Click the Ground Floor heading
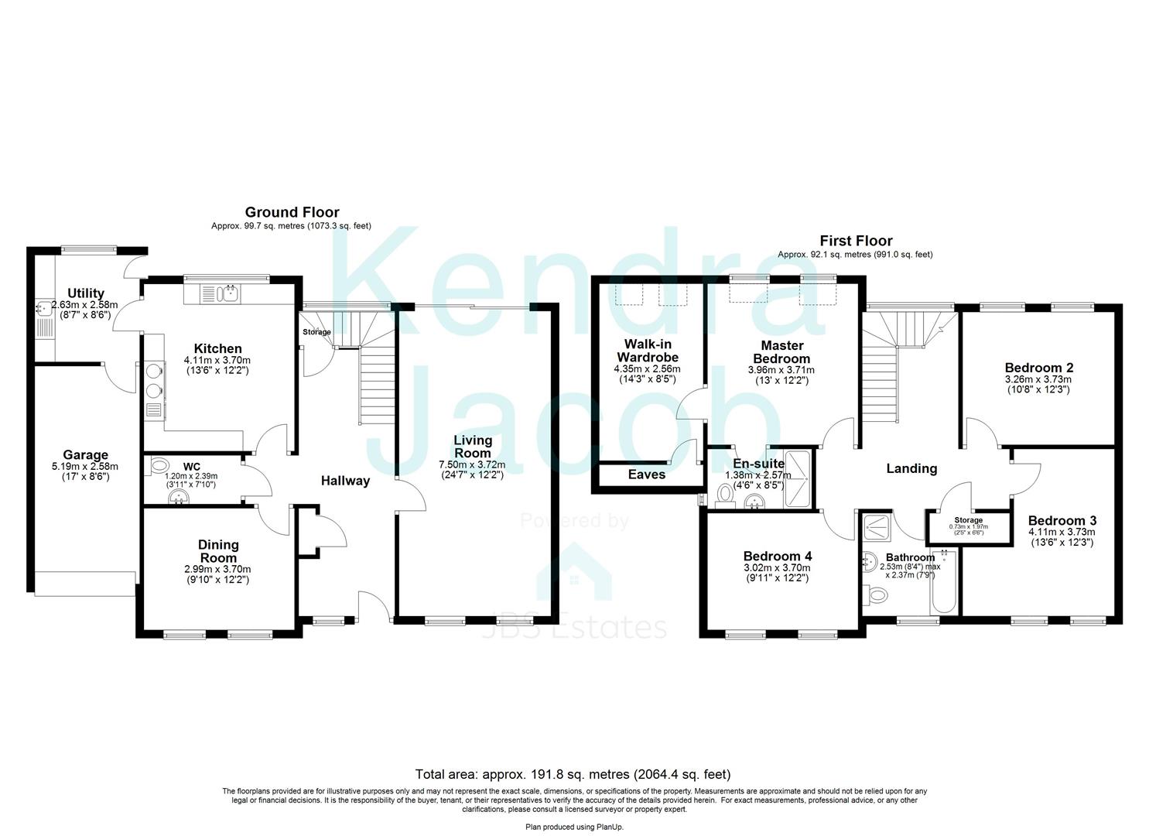[292, 212]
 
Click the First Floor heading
[856, 241]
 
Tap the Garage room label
[85, 455]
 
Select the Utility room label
[85, 293]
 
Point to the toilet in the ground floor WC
[159, 465]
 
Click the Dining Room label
[218, 551]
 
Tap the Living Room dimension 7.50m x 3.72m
[473, 464]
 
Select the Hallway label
[345, 481]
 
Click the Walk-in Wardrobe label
[647, 351]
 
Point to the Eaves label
[646, 475]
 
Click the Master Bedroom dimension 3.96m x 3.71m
[781, 370]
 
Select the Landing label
[911, 468]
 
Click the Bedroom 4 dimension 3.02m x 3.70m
[777, 567]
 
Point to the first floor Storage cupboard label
[968, 520]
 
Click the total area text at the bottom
[573, 773]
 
